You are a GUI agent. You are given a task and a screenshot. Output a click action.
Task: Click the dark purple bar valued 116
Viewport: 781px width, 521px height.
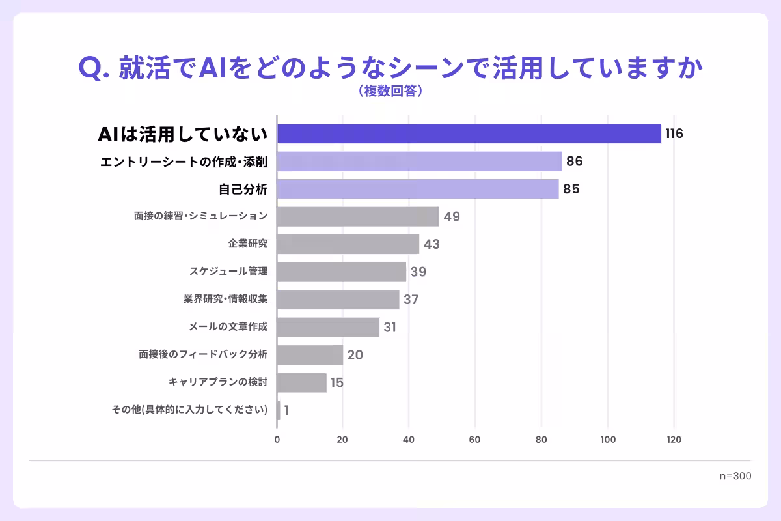tap(469, 134)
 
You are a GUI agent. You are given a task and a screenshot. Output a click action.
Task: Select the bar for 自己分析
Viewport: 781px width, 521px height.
tap(417, 189)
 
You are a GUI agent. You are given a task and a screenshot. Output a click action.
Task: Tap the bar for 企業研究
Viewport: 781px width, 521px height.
tap(348, 244)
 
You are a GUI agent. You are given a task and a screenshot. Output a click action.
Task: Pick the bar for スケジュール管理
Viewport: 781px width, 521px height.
tap(341, 272)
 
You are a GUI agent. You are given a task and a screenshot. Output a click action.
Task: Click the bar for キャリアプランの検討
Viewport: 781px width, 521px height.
tap(301, 382)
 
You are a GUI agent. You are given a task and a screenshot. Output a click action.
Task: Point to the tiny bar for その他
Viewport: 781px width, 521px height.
tap(279, 410)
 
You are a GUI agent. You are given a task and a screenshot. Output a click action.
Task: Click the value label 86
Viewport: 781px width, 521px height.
tap(574, 162)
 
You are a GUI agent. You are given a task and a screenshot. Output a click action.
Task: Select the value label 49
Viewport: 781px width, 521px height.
tap(452, 217)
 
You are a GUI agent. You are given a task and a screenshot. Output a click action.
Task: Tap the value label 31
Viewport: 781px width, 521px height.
tap(390, 327)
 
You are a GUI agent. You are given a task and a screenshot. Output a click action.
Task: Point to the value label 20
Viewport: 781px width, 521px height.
tap(355, 355)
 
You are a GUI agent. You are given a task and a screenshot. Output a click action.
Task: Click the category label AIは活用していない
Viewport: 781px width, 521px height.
tap(183, 134)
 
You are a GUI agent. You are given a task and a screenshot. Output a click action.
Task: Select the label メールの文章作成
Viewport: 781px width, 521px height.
tap(227, 327)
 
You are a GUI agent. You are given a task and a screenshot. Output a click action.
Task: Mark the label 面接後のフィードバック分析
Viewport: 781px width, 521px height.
tap(203, 355)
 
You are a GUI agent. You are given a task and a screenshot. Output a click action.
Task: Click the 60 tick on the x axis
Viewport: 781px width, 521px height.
tap(475, 440)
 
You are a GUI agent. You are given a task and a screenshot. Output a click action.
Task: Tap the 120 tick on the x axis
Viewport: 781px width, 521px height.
tap(674, 440)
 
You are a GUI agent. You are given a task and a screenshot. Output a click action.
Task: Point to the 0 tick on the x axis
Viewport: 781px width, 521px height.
tap(277, 440)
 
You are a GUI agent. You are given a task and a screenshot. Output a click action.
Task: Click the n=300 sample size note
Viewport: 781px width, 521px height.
tap(735, 476)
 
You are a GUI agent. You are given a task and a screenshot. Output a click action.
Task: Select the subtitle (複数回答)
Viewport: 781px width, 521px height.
tap(390, 92)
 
